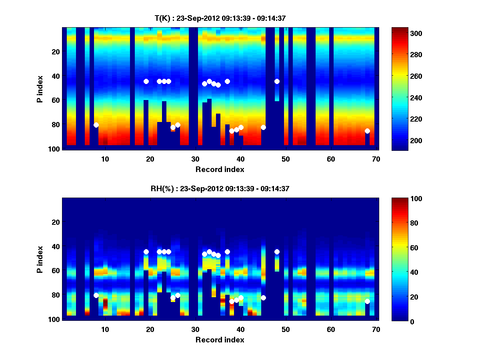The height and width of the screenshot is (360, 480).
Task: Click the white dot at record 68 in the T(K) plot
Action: (367, 131)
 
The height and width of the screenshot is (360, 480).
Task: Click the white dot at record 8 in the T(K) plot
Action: (96, 125)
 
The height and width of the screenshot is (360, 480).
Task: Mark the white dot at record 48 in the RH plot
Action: (277, 252)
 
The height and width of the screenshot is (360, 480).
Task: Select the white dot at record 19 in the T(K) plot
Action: (146, 81)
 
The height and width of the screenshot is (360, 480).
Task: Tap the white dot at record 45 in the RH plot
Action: (263, 298)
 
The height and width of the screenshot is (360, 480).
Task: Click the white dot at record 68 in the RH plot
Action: (367, 301)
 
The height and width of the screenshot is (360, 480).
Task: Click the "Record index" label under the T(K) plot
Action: (220, 169)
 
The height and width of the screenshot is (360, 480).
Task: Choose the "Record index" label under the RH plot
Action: (220, 340)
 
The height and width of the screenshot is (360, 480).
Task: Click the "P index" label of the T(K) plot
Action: (40, 88)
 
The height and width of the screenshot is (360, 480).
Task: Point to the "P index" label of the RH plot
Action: (40, 259)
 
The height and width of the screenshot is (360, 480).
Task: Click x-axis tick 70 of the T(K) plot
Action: (376, 159)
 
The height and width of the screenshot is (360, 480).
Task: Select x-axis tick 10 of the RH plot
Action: (105, 329)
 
